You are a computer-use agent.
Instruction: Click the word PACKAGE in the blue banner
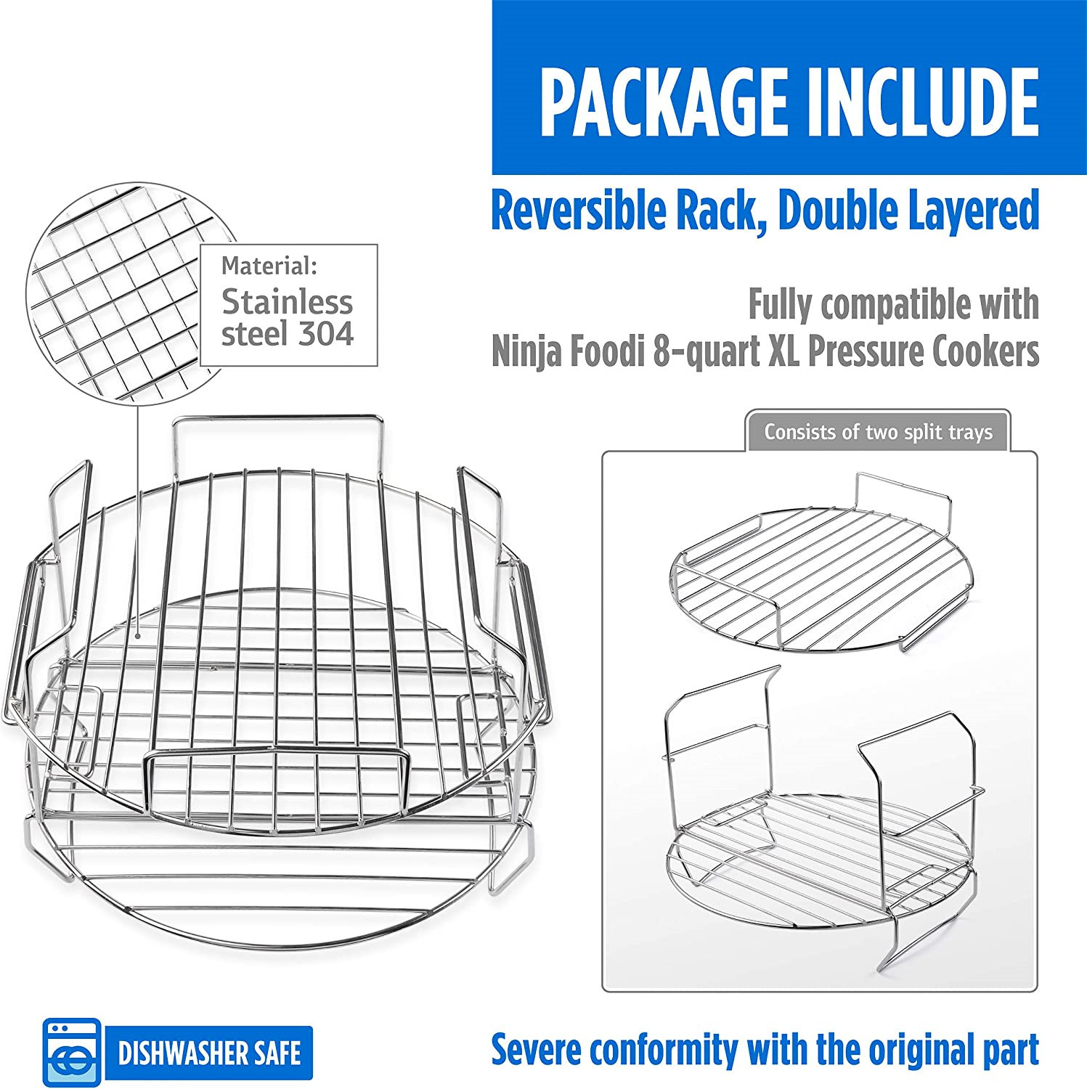click(662, 102)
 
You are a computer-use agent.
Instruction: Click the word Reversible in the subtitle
click(578, 211)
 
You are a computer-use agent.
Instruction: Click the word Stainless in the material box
click(287, 302)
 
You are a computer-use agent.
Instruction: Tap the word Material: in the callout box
click(269, 266)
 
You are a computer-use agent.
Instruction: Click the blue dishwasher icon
click(71, 1053)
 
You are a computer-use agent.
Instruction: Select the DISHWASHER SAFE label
click(209, 1053)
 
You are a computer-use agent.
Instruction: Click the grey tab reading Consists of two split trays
click(877, 432)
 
